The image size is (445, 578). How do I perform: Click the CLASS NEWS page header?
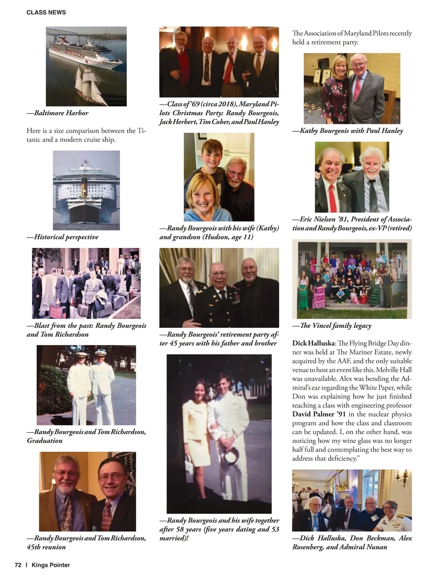coord(46,12)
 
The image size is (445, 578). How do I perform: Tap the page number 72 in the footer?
coord(18,565)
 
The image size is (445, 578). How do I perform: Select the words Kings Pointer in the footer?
coord(51,565)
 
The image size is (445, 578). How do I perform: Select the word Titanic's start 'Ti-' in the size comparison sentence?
coord(141,131)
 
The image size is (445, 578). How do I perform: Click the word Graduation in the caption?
coord(44,440)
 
